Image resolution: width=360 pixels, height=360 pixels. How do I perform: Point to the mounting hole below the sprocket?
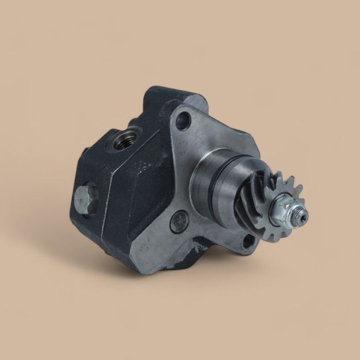pyautogui.click(x=248, y=240)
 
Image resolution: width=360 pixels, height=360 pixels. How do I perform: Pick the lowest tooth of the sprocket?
pyautogui.click(x=273, y=238)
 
